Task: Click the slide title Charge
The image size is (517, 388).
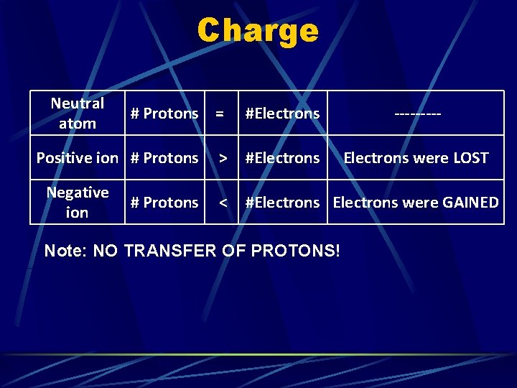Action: coord(258,31)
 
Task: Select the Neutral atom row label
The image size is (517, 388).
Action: coord(78,113)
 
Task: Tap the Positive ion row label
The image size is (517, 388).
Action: coord(78,157)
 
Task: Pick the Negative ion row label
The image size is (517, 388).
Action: coord(78,203)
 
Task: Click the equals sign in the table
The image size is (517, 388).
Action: coord(220,114)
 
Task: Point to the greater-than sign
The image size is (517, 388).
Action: coord(223,158)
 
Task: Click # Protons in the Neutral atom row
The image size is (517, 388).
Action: coord(164,114)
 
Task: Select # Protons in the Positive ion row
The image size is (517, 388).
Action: coord(164,158)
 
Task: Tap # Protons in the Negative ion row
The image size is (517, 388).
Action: coord(164,203)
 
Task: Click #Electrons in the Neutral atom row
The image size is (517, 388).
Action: coord(282,114)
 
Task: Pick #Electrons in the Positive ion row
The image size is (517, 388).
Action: coord(282,158)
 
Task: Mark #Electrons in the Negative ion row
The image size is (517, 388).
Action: coord(282,203)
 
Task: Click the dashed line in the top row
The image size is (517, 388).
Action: coord(417,114)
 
